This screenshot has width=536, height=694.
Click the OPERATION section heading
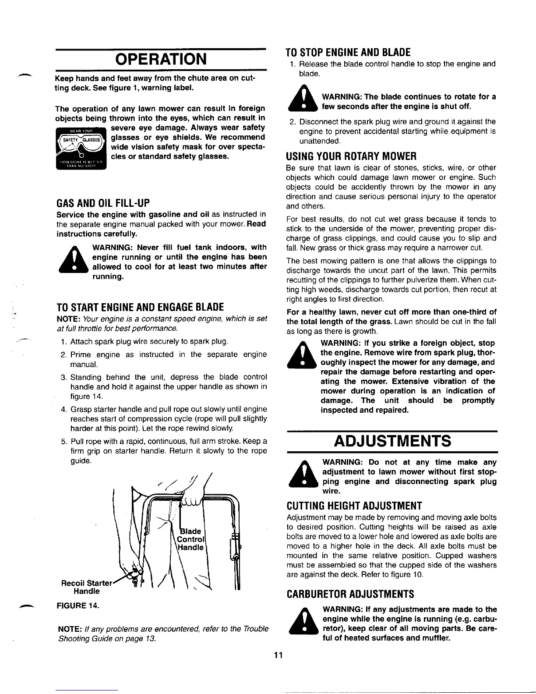(x=161, y=59)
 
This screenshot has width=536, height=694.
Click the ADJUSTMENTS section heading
(x=392, y=441)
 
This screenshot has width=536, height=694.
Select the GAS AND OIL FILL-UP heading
(x=103, y=203)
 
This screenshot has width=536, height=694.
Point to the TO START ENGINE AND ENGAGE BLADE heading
(x=141, y=306)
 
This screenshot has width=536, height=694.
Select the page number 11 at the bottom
(x=276, y=655)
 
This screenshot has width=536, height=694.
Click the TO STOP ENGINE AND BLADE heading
(x=348, y=53)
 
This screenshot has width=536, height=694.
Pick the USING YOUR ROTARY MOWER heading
(x=351, y=156)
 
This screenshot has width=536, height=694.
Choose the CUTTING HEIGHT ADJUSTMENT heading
(x=354, y=506)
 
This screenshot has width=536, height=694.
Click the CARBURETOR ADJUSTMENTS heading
(x=350, y=594)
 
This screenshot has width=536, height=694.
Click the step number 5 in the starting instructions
(x=63, y=441)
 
